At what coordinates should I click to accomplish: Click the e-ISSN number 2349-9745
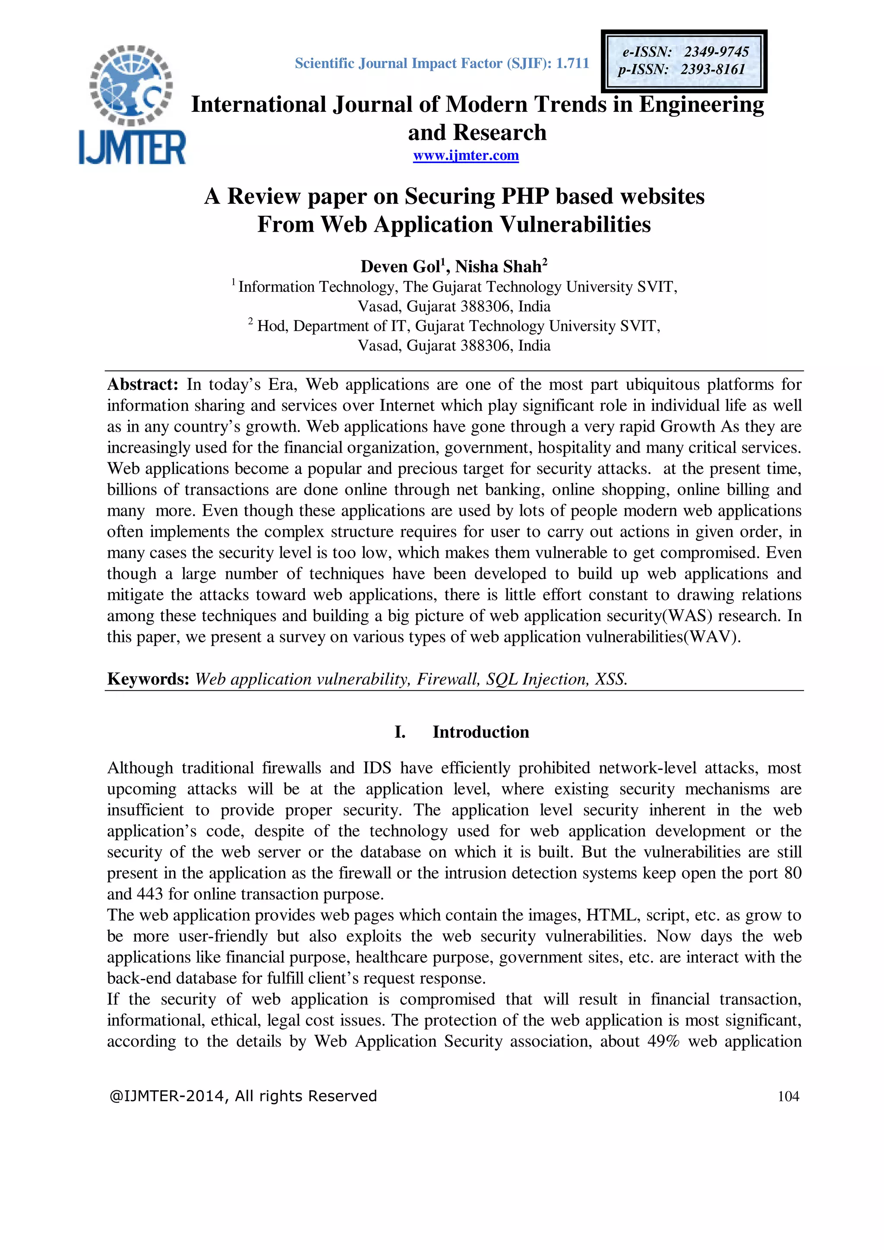pos(717,52)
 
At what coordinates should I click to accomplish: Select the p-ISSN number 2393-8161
pos(713,69)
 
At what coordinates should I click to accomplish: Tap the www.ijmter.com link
pos(465,156)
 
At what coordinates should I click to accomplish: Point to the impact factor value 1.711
pos(572,64)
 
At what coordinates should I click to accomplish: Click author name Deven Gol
pos(400,267)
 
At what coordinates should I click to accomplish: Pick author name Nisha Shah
pos(498,267)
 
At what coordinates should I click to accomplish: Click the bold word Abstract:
pos(142,385)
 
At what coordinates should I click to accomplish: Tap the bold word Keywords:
pos(148,679)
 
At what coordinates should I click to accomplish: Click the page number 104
pos(788,1096)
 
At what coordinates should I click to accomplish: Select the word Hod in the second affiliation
pos(267,326)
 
